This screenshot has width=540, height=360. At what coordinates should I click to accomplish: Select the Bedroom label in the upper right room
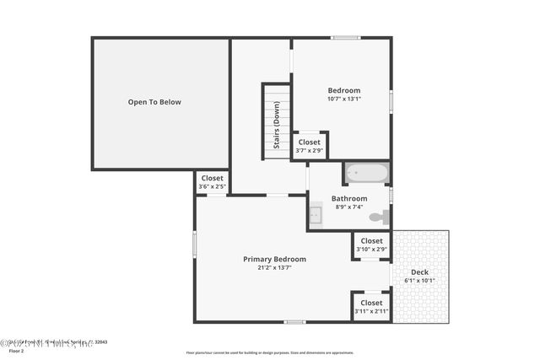click(343, 90)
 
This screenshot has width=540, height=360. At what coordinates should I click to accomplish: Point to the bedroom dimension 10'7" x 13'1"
click(343, 99)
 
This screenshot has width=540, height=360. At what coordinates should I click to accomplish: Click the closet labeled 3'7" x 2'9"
click(310, 146)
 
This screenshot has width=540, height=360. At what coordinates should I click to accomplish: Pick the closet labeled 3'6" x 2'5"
click(212, 182)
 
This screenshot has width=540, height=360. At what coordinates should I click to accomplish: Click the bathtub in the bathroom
click(367, 173)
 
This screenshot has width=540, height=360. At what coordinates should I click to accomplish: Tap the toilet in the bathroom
click(379, 217)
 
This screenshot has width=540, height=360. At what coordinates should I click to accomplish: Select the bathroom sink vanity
click(315, 215)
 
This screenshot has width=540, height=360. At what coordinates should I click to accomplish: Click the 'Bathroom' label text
click(348, 198)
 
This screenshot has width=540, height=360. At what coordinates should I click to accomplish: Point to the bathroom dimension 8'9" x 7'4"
click(348, 207)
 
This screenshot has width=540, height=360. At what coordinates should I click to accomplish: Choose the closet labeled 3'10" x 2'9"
click(371, 244)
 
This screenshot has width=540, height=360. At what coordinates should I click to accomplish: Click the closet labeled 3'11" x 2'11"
click(371, 307)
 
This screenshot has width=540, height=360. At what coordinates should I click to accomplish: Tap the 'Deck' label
click(419, 272)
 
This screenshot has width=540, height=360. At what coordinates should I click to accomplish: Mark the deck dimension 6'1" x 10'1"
click(419, 281)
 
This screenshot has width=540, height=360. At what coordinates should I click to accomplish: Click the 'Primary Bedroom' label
click(274, 259)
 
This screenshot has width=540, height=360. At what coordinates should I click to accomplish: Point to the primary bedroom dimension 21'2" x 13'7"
click(274, 267)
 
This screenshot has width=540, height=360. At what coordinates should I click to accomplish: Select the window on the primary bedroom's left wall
click(195, 244)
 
